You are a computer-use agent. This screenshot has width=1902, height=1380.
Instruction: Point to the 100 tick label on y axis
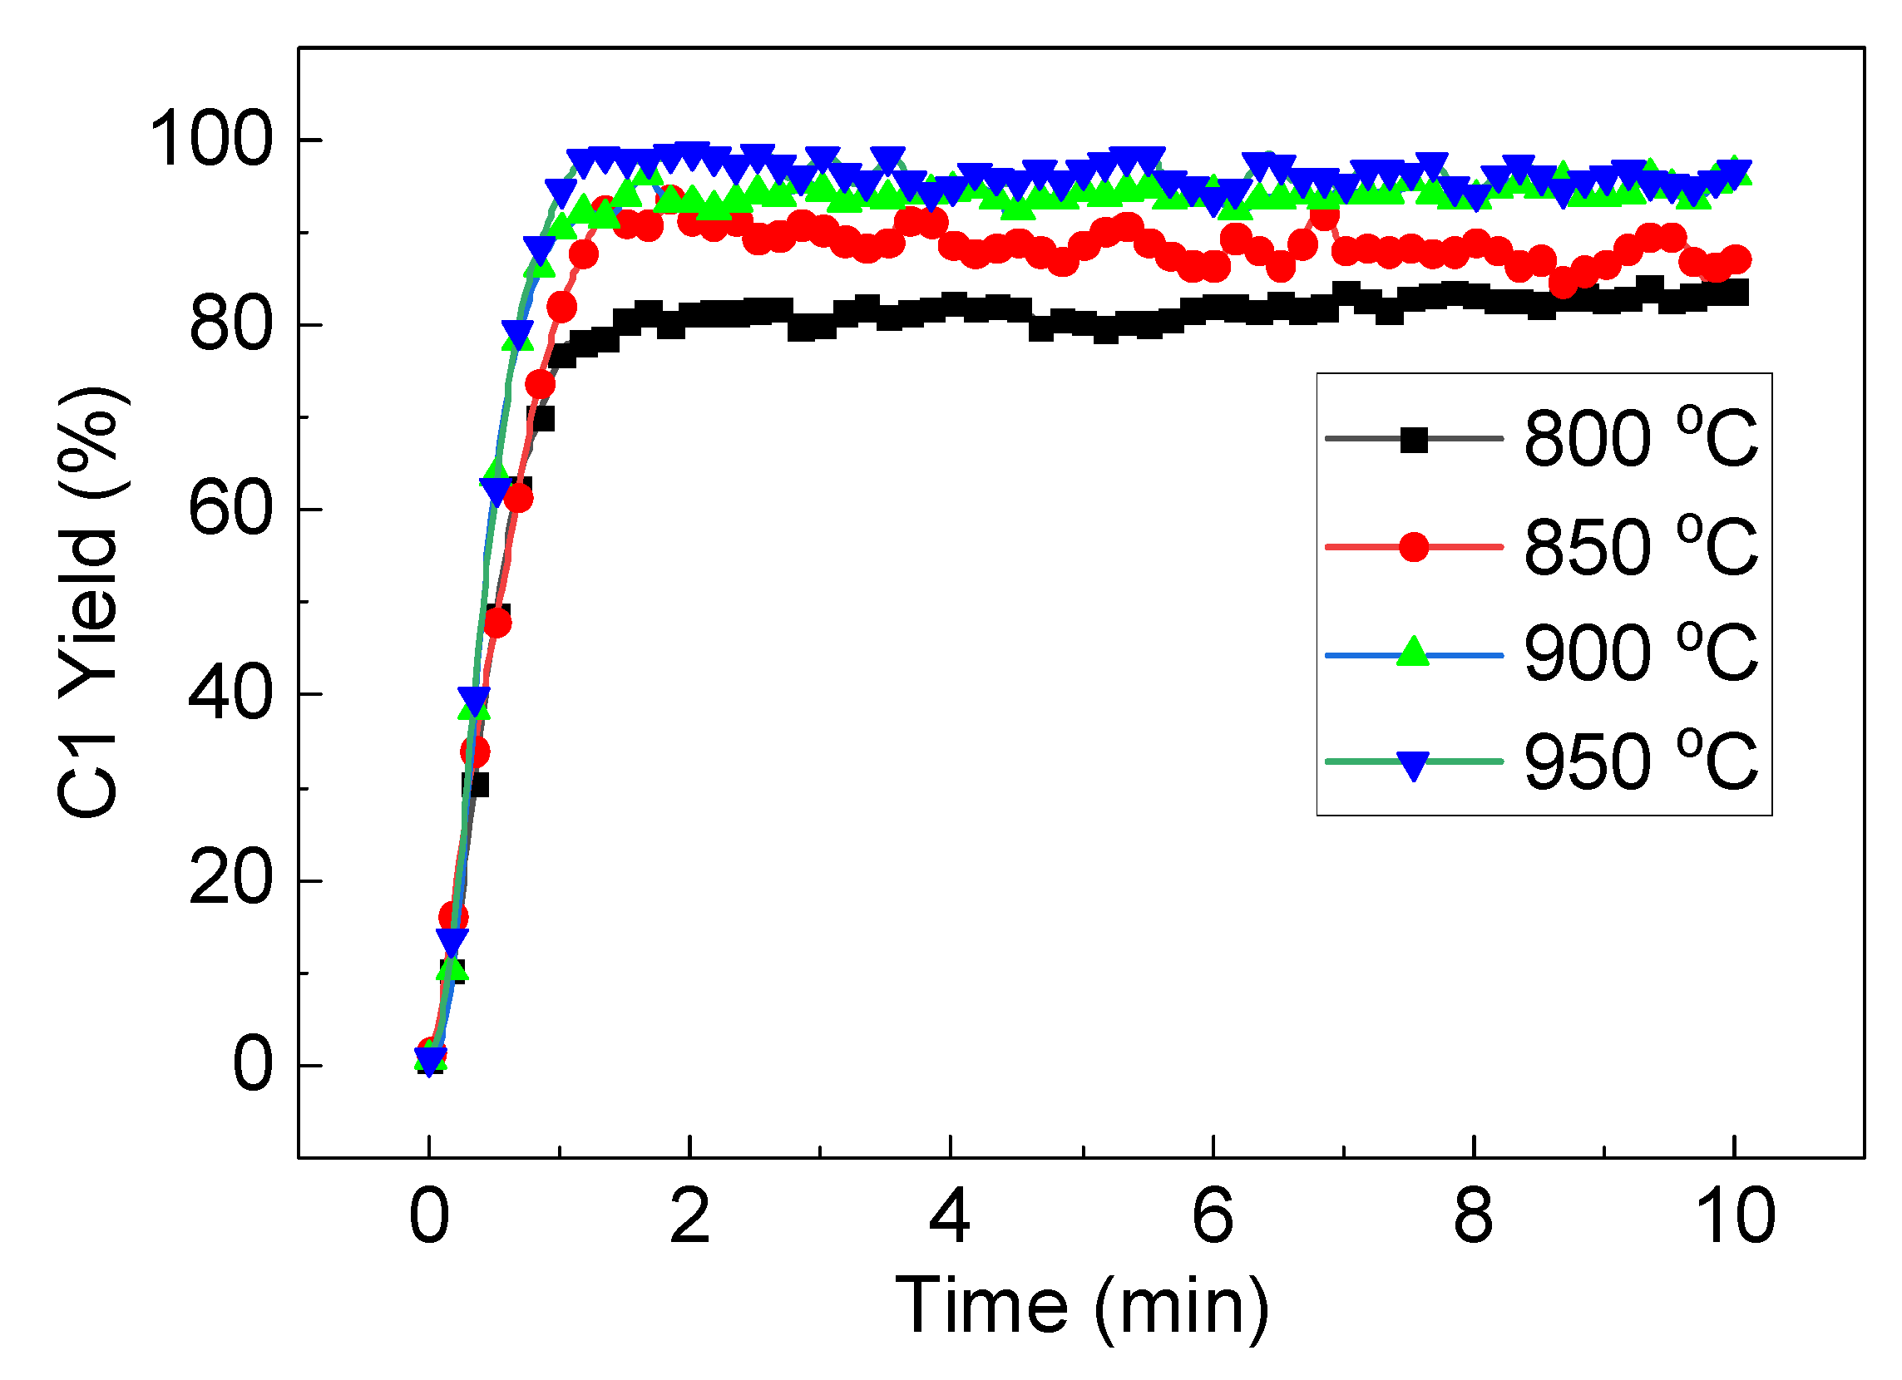click(210, 140)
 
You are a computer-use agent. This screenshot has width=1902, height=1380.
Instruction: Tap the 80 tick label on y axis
click(230, 325)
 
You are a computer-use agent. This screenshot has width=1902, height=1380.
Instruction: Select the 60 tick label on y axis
click(230, 509)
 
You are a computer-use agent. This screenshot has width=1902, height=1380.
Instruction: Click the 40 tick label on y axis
click(230, 694)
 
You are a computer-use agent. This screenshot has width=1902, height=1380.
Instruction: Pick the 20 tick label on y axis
click(230, 880)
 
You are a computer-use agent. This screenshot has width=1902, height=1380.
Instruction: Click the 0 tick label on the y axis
click(253, 1066)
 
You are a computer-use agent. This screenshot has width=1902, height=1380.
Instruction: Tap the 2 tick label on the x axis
click(690, 1215)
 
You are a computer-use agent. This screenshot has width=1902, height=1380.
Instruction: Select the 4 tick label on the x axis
click(950, 1215)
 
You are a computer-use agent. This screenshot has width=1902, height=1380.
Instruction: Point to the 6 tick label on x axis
click(1213, 1215)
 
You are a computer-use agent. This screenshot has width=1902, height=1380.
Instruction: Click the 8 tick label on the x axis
click(1474, 1215)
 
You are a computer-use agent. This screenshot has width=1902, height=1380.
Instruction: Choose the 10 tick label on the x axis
click(1734, 1215)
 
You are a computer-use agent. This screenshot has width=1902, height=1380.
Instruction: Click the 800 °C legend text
click(1640, 438)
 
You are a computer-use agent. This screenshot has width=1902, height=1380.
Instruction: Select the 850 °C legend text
click(1640, 547)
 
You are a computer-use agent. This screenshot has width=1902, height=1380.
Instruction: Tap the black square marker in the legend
click(1414, 438)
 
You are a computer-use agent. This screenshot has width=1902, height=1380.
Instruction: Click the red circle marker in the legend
click(1414, 547)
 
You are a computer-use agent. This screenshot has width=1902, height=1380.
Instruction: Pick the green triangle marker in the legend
click(1414, 653)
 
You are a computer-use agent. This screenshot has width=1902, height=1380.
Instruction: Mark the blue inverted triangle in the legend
click(1414, 764)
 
